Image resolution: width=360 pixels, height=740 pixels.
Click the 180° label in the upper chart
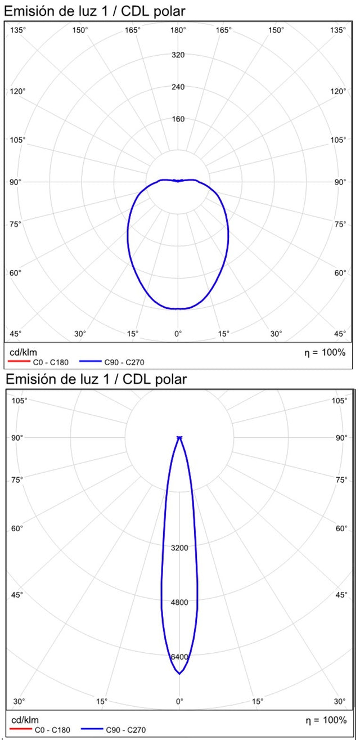click(x=178, y=30)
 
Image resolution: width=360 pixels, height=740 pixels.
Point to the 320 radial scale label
click(x=178, y=55)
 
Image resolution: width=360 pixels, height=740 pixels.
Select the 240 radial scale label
click(x=178, y=87)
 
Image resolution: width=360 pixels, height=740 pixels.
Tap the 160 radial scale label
click(x=178, y=119)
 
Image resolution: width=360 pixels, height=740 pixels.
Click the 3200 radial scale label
click(x=179, y=548)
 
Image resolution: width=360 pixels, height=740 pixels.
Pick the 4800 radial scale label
click(x=179, y=602)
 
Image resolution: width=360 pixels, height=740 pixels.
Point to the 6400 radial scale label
click(x=179, y=657)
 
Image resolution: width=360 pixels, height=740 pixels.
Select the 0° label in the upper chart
click(x=178, y=334)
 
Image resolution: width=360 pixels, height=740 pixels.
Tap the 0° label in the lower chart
click(x=179, y=702)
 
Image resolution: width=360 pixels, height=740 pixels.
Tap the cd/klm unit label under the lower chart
click(x=23, y=720)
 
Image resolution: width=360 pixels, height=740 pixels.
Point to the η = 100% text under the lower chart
click(x=326, y=720)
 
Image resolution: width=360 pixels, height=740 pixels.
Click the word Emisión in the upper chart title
click(x=29, y=11)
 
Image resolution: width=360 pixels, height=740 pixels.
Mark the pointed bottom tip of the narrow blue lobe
click(x=179, y=674)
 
